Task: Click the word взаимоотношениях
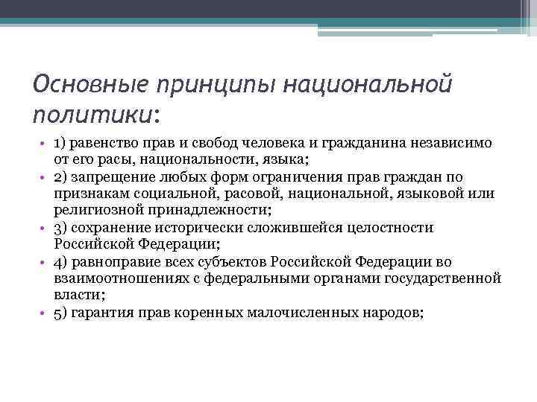[x=119, y=278]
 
